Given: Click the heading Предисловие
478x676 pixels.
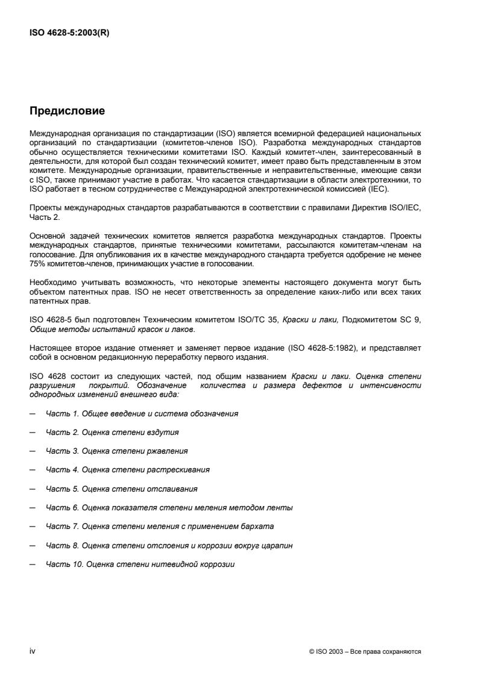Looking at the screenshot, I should [x=68, y=111].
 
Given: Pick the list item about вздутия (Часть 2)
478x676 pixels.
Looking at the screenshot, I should [x=112, y=432].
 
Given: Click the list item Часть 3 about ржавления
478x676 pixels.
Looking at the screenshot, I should [x=116, y=451].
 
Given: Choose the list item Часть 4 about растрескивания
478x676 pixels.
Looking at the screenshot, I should [x=128, y=469].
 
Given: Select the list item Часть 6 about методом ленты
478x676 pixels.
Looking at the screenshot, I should [x=169, y=507].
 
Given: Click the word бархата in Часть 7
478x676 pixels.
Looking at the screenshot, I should [x=259, y=526].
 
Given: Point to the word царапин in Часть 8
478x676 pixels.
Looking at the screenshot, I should [x=279, y=545].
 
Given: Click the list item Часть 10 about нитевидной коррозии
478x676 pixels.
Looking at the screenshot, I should [x=140, y=564].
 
